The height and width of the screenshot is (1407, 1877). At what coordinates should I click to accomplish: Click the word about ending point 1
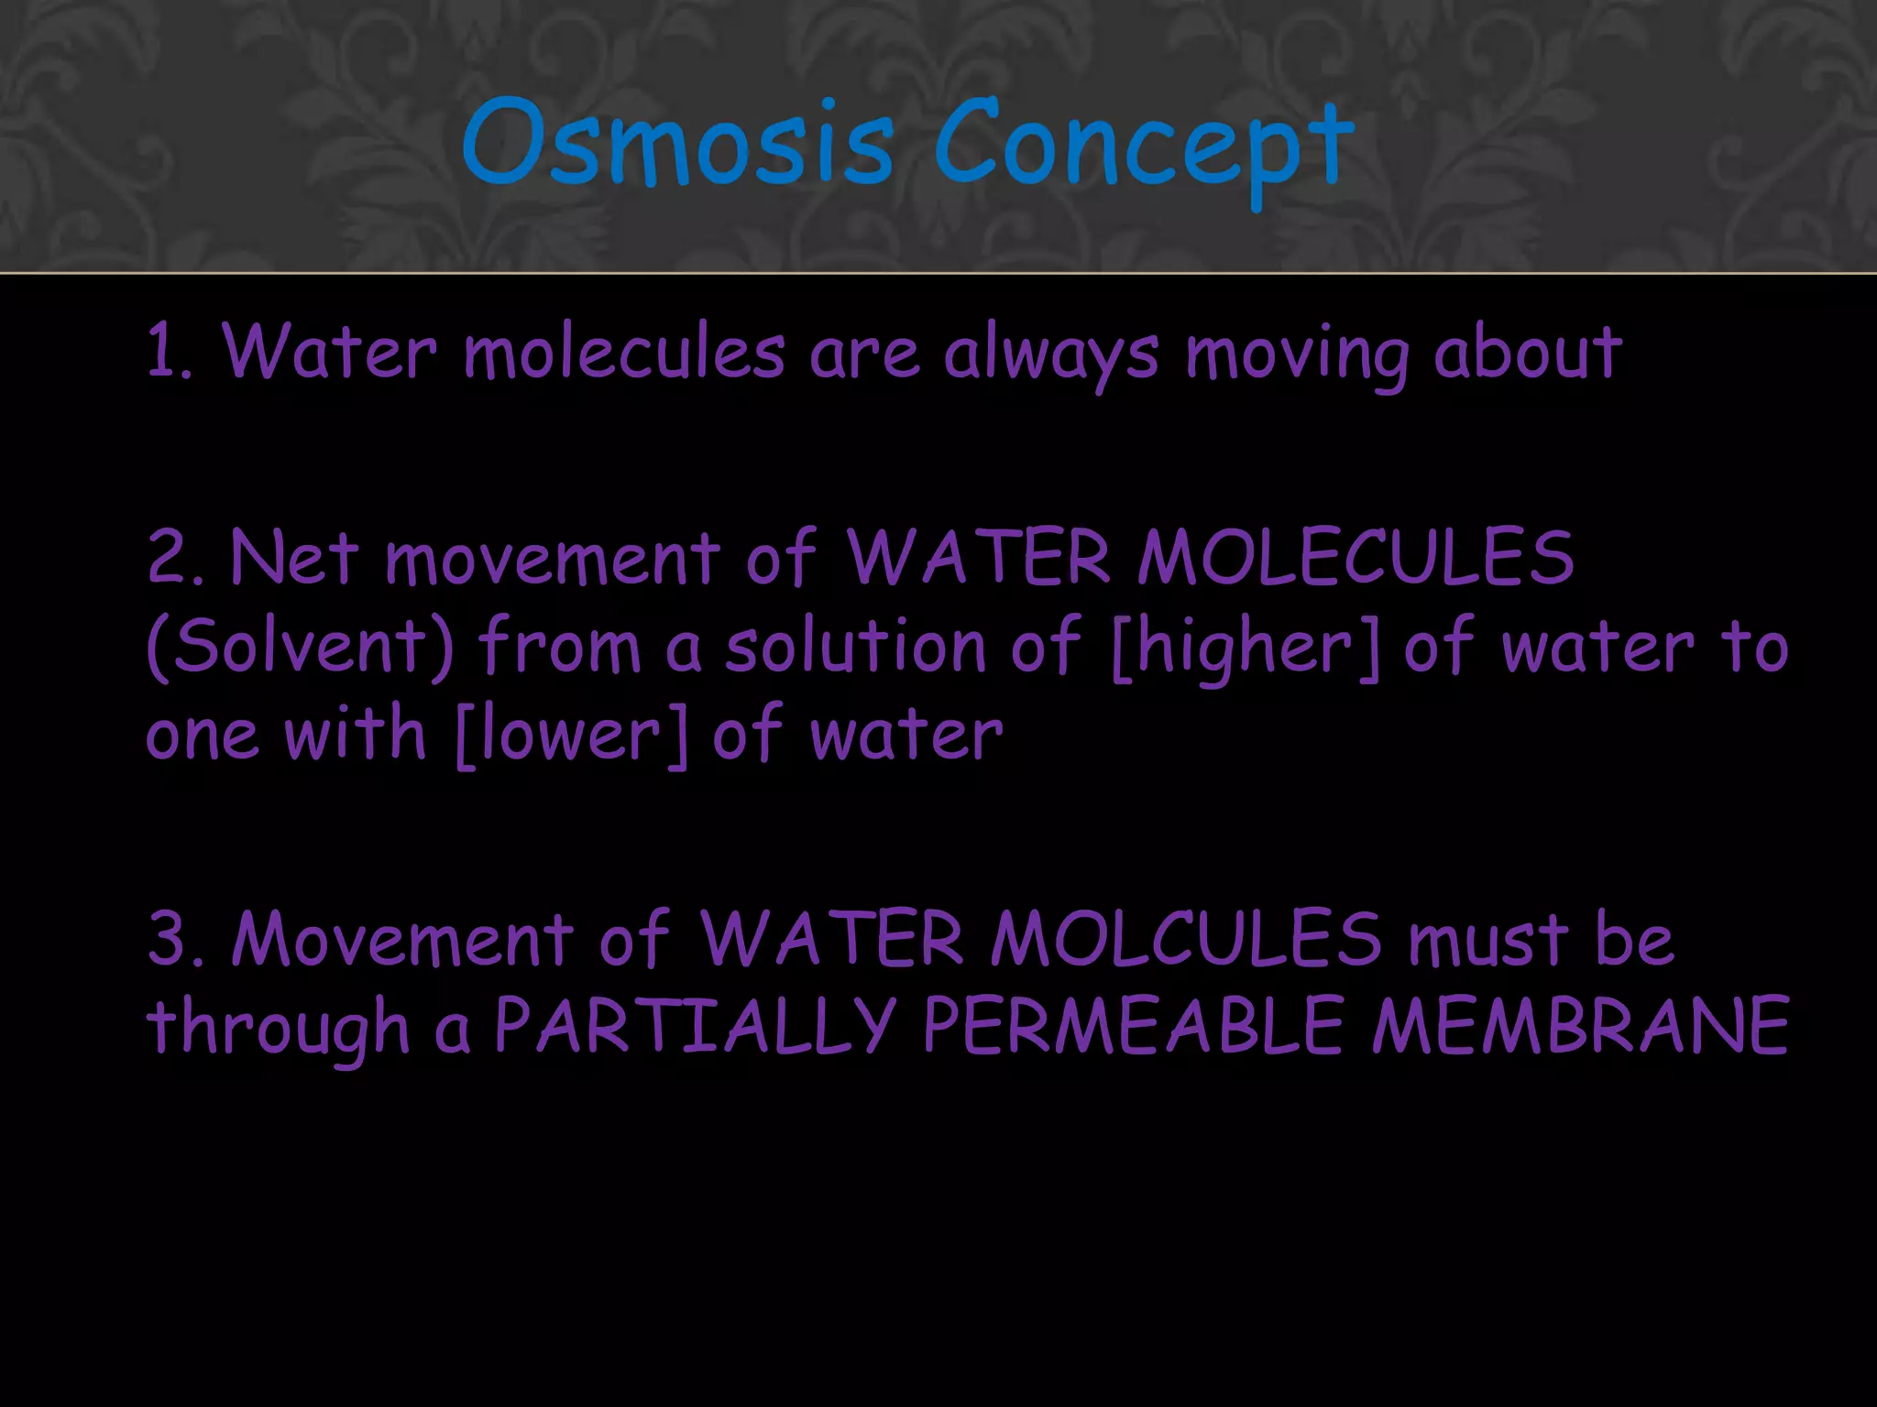[1528, 353]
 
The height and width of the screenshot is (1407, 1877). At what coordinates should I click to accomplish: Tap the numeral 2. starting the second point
[175, 557]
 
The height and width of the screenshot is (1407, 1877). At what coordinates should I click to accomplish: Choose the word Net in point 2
[293, 557]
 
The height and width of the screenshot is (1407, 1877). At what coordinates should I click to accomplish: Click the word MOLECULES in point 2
[1356, 557]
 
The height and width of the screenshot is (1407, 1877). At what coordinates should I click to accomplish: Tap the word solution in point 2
[855, 647]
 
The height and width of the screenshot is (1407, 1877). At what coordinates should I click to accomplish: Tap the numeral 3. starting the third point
[175, 939]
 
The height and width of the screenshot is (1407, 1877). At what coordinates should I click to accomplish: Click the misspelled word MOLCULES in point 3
[1185, 939]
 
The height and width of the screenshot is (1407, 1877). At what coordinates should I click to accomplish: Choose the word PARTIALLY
[694, 1026]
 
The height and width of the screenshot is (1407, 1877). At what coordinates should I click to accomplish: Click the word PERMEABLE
[1133, 1026]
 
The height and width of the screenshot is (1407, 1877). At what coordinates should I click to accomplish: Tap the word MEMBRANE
[1579, 1026]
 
